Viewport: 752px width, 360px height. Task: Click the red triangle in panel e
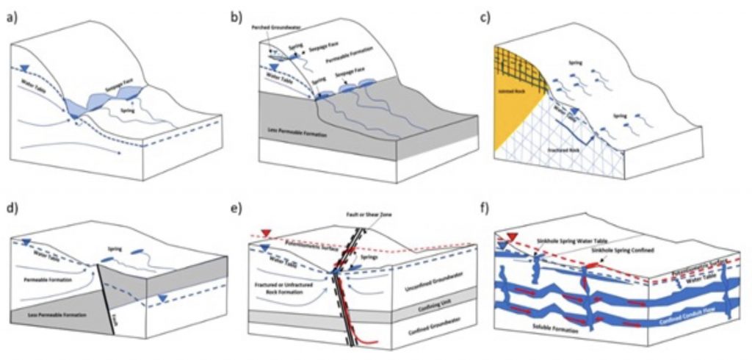point(266,234)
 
